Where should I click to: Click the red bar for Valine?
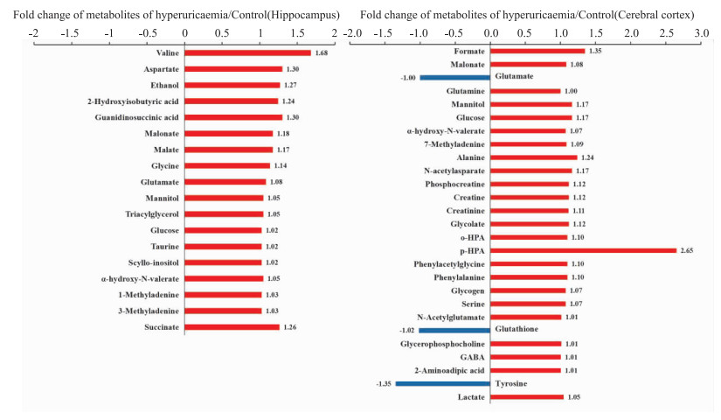247,52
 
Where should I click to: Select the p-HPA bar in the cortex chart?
583,250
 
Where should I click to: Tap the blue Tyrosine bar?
443,383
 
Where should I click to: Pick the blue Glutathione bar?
454,330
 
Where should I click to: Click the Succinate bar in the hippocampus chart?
232,327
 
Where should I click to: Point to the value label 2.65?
688,250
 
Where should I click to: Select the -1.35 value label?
385,383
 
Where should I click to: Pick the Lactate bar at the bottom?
527,397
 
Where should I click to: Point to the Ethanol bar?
232,85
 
